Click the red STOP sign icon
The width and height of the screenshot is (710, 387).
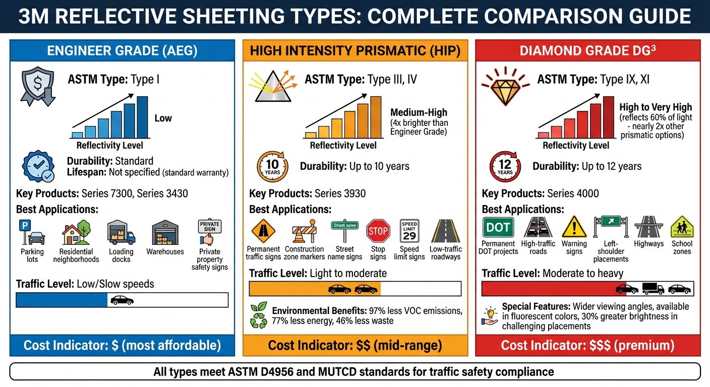pos(378,231)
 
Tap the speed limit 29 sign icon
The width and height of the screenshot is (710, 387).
pos(409,231)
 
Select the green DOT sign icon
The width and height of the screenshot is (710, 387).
pos(498,227)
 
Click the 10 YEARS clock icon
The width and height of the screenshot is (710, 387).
pos(272,167)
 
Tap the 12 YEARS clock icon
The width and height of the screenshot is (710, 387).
pos(505,167)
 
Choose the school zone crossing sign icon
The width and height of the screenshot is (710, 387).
pos(682,227)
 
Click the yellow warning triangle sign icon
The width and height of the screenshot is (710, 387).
pos(574,227)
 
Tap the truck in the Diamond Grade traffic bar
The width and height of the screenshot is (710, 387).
pos(653,289)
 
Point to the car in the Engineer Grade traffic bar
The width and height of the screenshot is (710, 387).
pos(122,300)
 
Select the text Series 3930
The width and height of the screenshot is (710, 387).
pos(340,193)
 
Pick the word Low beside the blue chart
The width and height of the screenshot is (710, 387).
pos(163,118)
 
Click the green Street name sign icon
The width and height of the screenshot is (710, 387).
pos(344,226)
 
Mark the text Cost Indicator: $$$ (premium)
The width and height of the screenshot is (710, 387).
pos(587,345)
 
